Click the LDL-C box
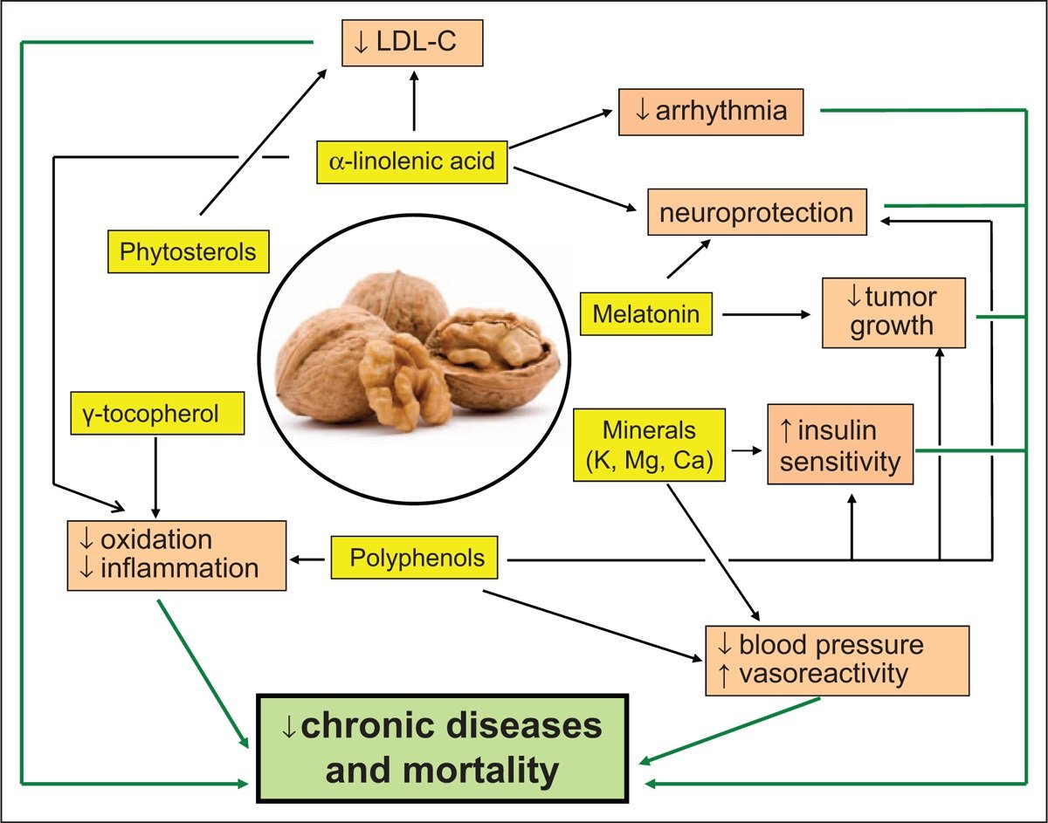pyautogui.click(x=410, y=42)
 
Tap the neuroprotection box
pyautogui.click(x=757, y=211)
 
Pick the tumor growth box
pyautogui.click(x=892, y=312)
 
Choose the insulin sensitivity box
pyautogui.click(x=839, y=444)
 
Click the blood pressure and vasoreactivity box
pyautogui.click(x=837, y=660)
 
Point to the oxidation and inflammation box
pyautogui.click(x=177, y=554)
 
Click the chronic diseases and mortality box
pyautogui.click(x=442, y=747)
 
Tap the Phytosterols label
pyautogui.click(x=189, y=252)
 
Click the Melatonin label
pyautogui.click(x=647, y=314)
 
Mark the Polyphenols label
pyautogui.click(x=414, y=559)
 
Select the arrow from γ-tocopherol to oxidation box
pyautogui.click(x=155, y=476)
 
